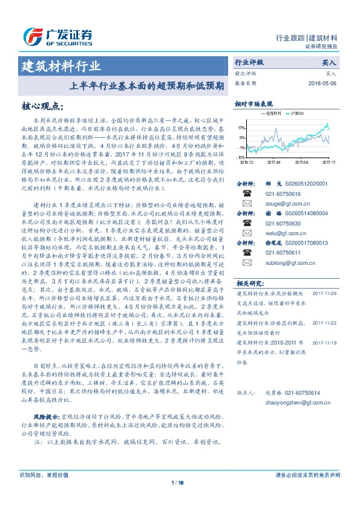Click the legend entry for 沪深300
[x=295, y=114]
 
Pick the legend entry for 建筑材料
[x=270, y=114]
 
